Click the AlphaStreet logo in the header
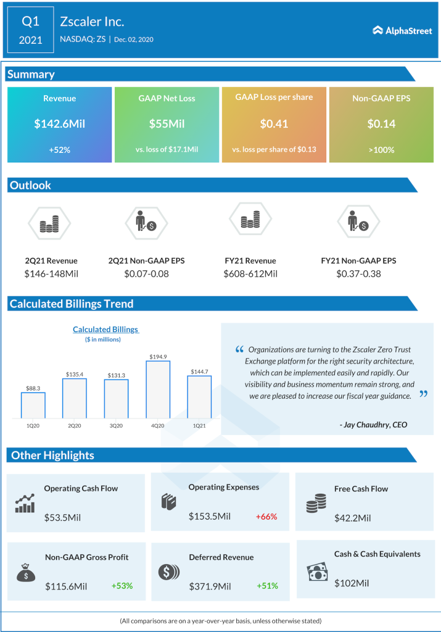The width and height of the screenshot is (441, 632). (x=402, y=30)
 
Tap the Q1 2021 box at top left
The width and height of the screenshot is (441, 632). (x=30, y=30)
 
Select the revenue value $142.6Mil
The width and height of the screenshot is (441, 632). (x=59, y=123)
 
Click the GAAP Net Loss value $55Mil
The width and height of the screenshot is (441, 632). (x=167, y=123)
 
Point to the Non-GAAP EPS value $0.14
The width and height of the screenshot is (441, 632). (x=381, y=123)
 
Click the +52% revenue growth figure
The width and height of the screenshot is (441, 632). (x=59, y=149)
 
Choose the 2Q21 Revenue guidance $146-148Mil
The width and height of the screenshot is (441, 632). (x=52, y=273)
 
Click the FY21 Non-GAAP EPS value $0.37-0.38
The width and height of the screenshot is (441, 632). (x=359, y=273)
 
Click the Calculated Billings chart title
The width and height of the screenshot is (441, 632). (x=105, y=330)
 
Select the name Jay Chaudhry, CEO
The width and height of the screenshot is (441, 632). (x=373, y=425)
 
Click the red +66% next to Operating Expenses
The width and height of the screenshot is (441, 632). (x=266, y=516)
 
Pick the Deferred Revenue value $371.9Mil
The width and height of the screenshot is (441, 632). (x=210, y=586)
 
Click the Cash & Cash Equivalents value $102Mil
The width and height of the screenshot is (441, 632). (x=352, y=583)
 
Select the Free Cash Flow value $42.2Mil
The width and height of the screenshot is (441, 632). (x=353, y=518)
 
